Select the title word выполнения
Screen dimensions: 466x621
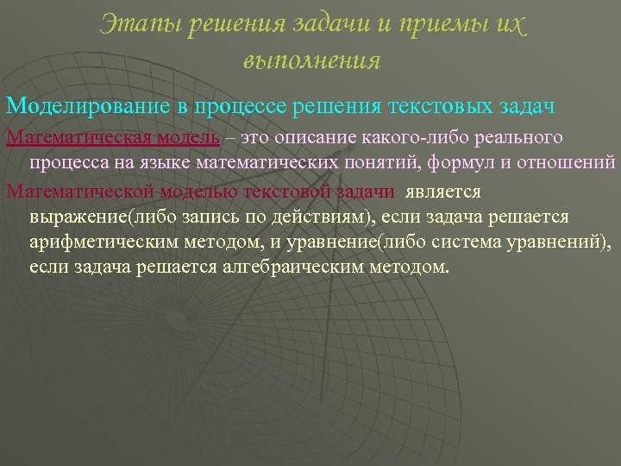click(311, 60)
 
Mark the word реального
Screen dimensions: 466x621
click(524, 137)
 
